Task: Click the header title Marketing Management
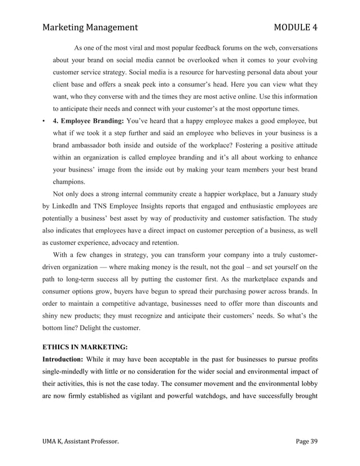[90, 27]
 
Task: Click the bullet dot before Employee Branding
[44, 121]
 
